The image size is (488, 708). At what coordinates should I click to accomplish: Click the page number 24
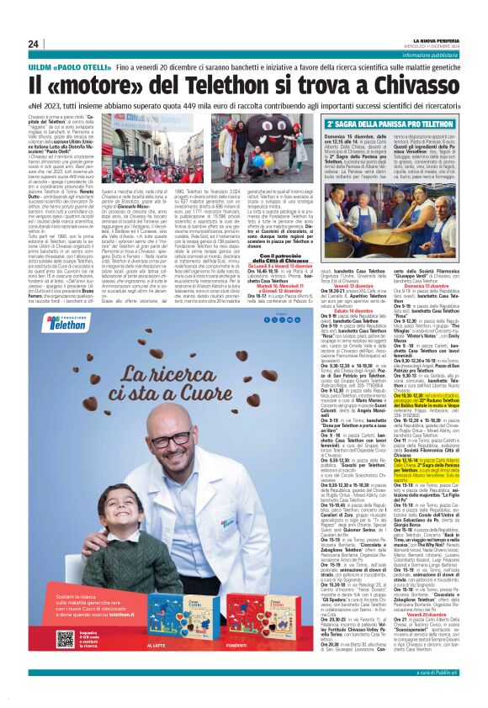click(33, 44)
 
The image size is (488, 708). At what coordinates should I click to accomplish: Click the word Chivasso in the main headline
click(418, 85)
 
